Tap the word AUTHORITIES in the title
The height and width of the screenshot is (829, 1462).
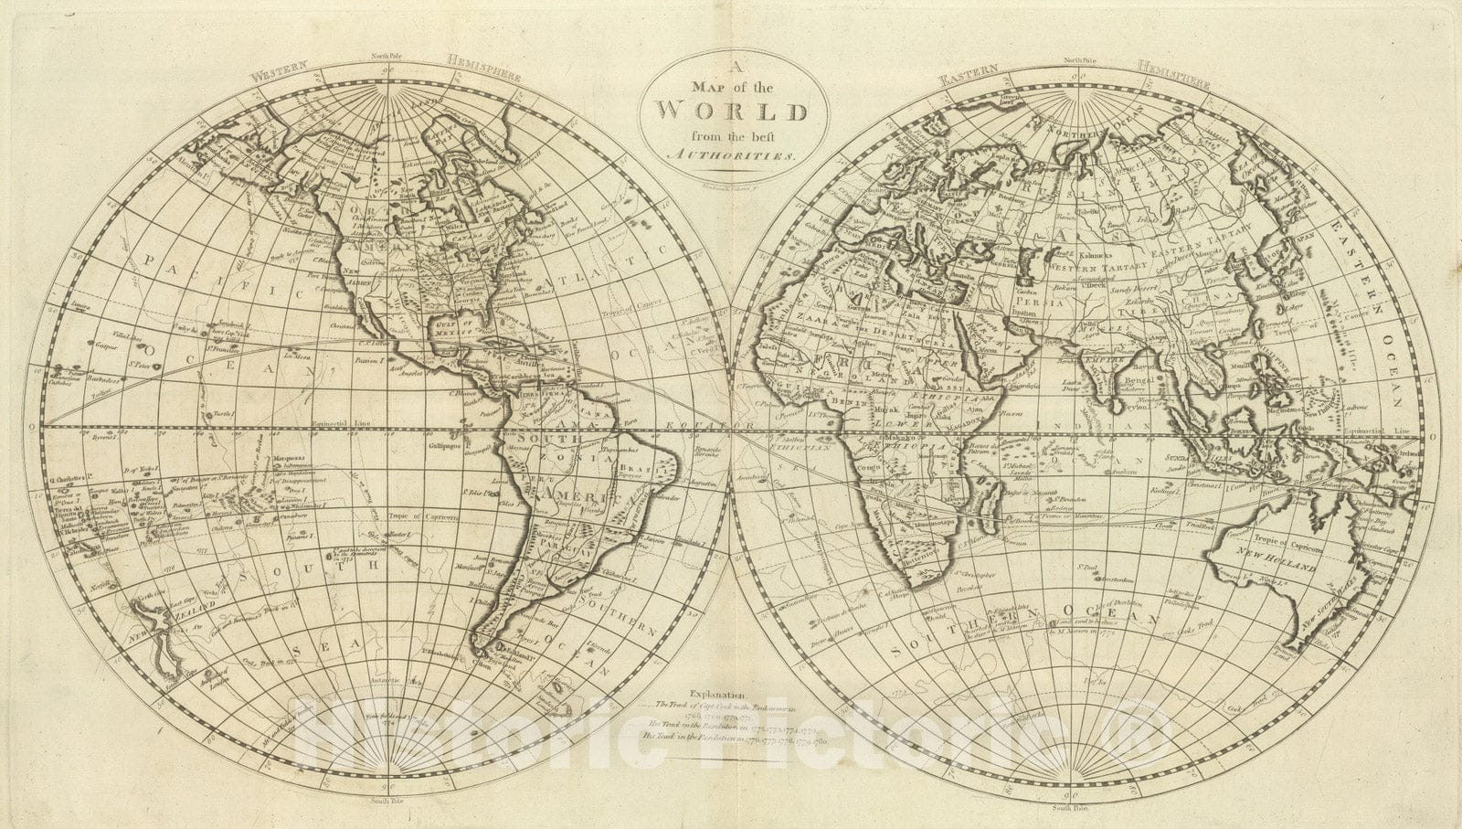pyautogui.click(x=728, y=156)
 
